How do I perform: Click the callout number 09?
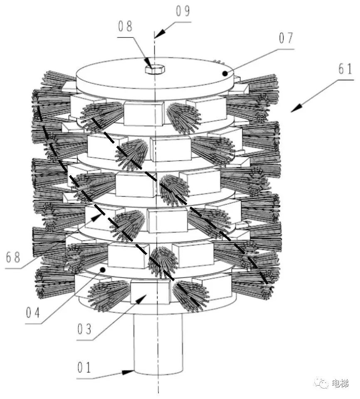tap(183, 11)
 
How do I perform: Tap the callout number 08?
tap(126, 26)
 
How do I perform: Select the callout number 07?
tap(286, 38)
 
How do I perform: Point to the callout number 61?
tap(345, 69)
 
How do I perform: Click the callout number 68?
tap(13, 257)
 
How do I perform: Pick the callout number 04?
tap(33, 312)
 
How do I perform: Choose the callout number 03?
tap(84, 329)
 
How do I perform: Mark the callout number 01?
tap(84, 368)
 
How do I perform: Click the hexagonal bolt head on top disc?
tap(155, 69)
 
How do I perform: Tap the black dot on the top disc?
tap(225, 74)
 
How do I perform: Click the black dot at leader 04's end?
tap(103, 270)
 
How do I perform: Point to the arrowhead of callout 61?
tap(296, 109)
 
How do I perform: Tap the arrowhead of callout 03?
tap(142, 299)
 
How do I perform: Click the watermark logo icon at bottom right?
tap(322, 383)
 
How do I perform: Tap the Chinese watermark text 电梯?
tap(340, 383)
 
